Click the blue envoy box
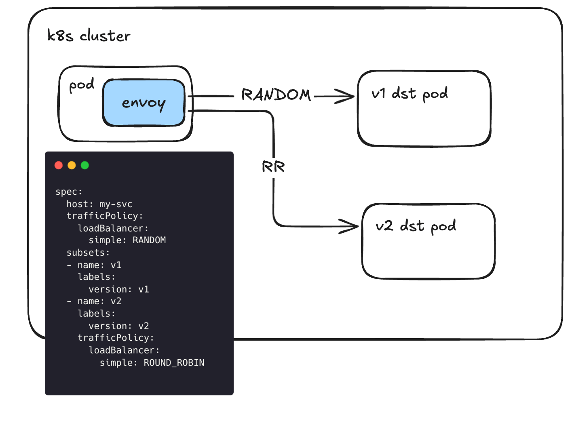coord(144,103)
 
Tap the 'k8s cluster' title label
coord(89,36)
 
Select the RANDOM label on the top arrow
coord(276,95)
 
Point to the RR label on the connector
coord(273,167)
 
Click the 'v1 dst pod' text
coord(410,94)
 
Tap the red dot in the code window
coord(59,165)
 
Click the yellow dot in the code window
coord(72,165)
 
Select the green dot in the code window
coord(85,165)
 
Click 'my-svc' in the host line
coord(116,204)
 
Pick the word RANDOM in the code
coord(149,240)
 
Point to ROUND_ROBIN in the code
coord(174,363)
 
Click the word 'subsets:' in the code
coord(88,253)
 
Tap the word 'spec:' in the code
coord(69,192)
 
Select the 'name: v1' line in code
coord(99,265)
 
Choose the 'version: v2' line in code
coord(119,326)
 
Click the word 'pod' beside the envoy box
coord(82,85)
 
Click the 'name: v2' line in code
coord(99,301)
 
